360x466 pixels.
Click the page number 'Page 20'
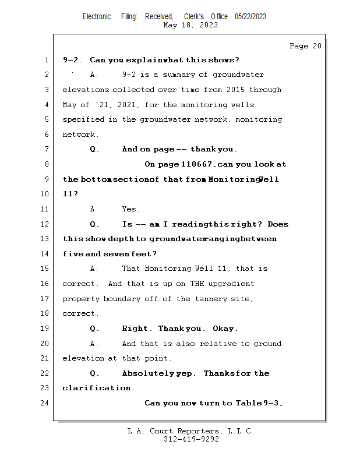305,46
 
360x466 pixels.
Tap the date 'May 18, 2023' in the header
191,25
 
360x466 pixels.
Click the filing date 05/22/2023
250,16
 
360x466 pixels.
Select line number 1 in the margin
47,60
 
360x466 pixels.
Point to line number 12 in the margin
45,224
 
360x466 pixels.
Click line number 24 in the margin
45,403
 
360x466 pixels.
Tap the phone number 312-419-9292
191,439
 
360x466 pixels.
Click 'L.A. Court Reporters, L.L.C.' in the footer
191,431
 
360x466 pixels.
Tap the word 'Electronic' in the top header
97,16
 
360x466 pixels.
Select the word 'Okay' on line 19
225,329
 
